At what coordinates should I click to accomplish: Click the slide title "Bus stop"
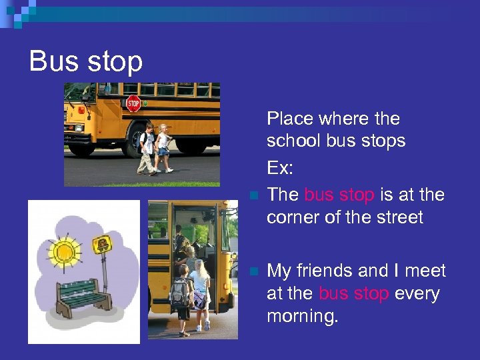pos(86,62)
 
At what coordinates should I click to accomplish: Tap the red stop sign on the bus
pos(133,103)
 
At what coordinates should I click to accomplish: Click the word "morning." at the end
pos(303,316)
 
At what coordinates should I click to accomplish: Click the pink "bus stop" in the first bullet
pos(339,195)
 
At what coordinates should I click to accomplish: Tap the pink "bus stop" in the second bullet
pos(354,293)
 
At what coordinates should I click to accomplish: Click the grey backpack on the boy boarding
pos(179,291)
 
